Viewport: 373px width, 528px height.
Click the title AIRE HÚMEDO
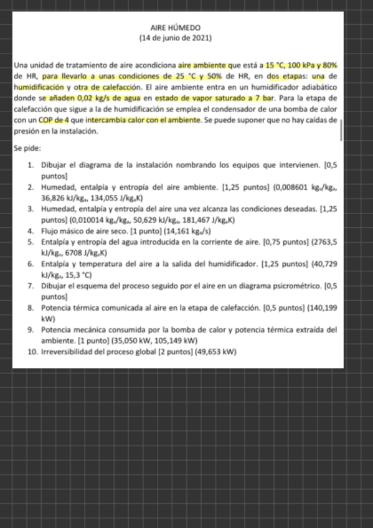coord(176,28)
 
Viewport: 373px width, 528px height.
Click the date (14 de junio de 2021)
coord(176,38)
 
